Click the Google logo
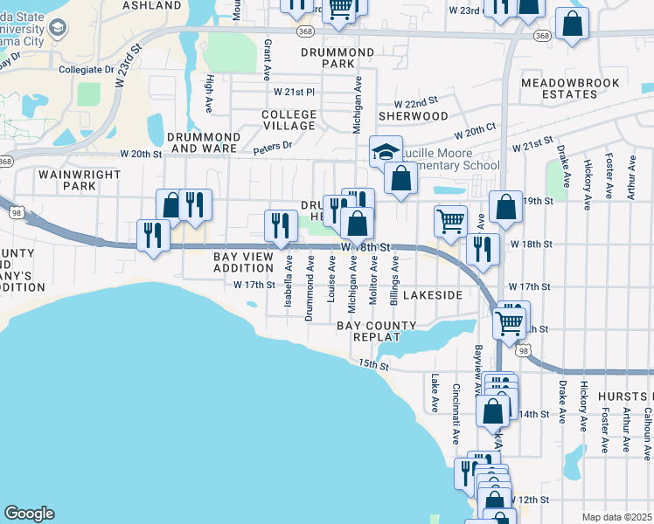pyautogui.click(x=29, y=514)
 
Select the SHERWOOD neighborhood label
pyautogui.click(x=413, y=115)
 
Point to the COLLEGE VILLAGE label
pyautogui.click(x=289, y=121)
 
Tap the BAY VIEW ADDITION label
pyautogui.click(x=245, y=262)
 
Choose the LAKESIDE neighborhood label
pyautogui.click(x=434, y=295)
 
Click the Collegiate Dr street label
pyautogui.click(x=87, y=69)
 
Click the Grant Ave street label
pyautogui.click(x=268, y=56)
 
